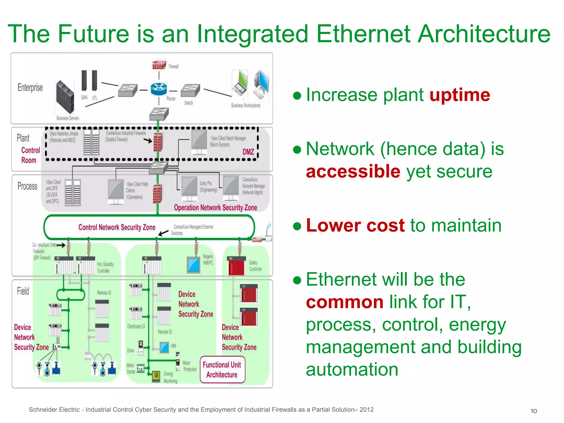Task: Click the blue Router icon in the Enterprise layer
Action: (159, 89)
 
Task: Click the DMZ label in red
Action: (248, 152)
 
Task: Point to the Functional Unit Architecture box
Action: (222, 370)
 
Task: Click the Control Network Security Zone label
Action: (117, 227)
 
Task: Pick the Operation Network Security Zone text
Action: (215, 207)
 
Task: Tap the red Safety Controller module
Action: (236, 266)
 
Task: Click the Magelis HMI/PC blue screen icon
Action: (194, 265)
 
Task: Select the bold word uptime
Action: (460, 95)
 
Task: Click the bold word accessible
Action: (353, 171)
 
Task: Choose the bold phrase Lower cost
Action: (355, 225)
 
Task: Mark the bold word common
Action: (345, 302)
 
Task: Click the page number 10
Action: (533, 411)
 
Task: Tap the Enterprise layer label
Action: (30, 88)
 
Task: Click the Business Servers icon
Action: (65, 97)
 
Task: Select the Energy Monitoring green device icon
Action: (156, 376)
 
